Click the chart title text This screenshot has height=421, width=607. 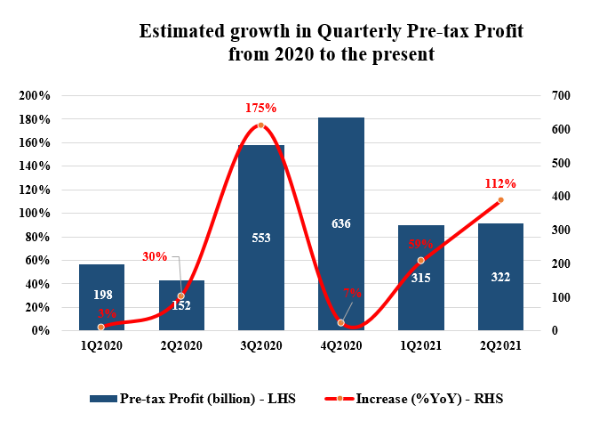pos(331,43)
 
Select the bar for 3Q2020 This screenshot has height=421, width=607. pos(260,267)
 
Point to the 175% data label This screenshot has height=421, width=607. pos(260,108)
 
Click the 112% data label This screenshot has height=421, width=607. pos(500,183)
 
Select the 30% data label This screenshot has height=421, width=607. pos(155,256)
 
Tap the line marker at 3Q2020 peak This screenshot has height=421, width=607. pos(260,125)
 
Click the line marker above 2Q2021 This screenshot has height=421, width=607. pos(500,199)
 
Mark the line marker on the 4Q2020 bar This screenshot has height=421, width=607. pos(340,322)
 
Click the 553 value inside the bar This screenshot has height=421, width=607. pos(260,238)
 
